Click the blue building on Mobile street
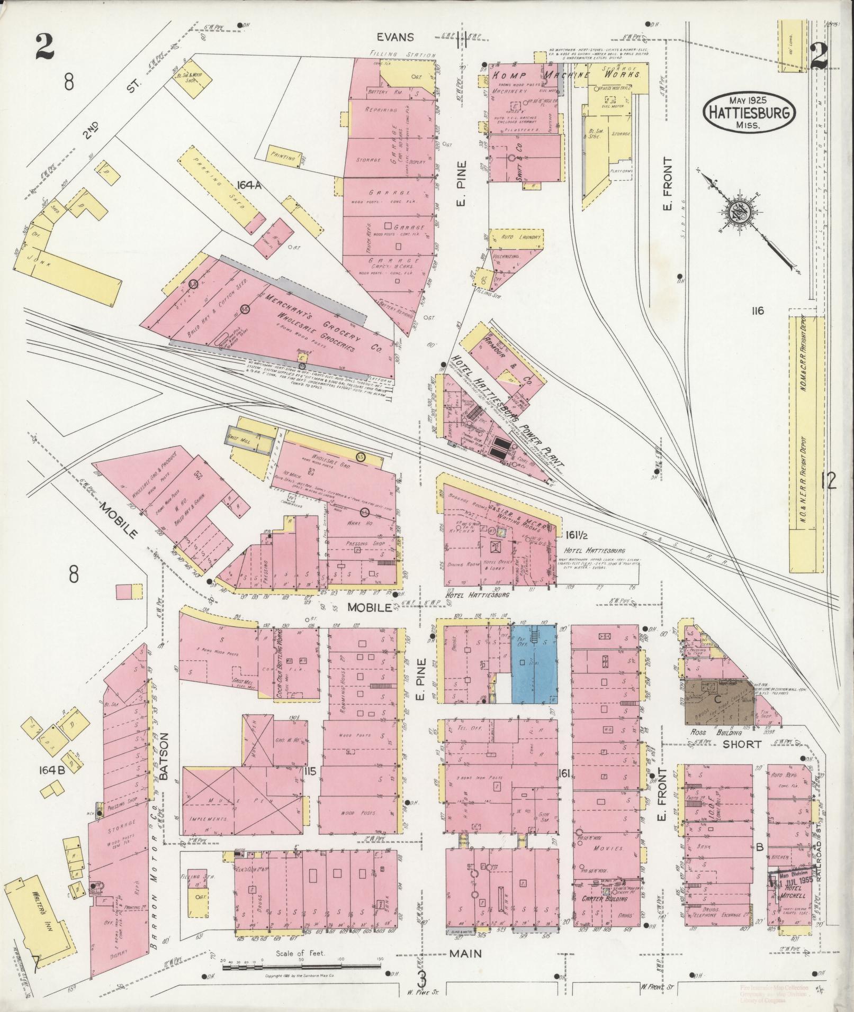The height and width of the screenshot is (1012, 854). pos(534,664)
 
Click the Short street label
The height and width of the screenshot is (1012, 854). pos(743,744)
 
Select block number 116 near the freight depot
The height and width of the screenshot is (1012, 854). pos(757,311)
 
